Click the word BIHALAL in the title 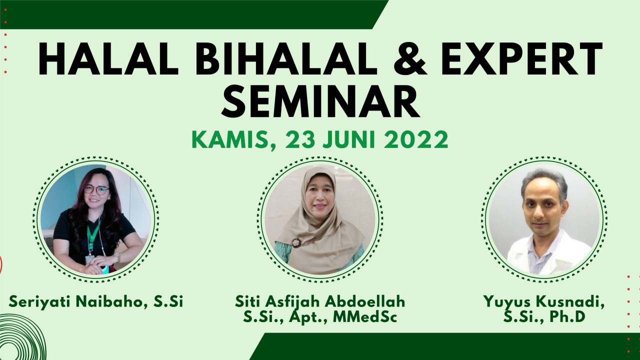click(286, 59)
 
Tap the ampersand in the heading click(409, 59)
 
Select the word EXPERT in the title click(521, 59)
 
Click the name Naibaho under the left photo click(111, 302)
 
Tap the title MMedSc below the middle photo click(365, 317)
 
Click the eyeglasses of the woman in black click(96, 189)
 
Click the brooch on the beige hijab click(296, 242)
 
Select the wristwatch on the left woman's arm click(117, 257)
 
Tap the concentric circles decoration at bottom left click(20, 337)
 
